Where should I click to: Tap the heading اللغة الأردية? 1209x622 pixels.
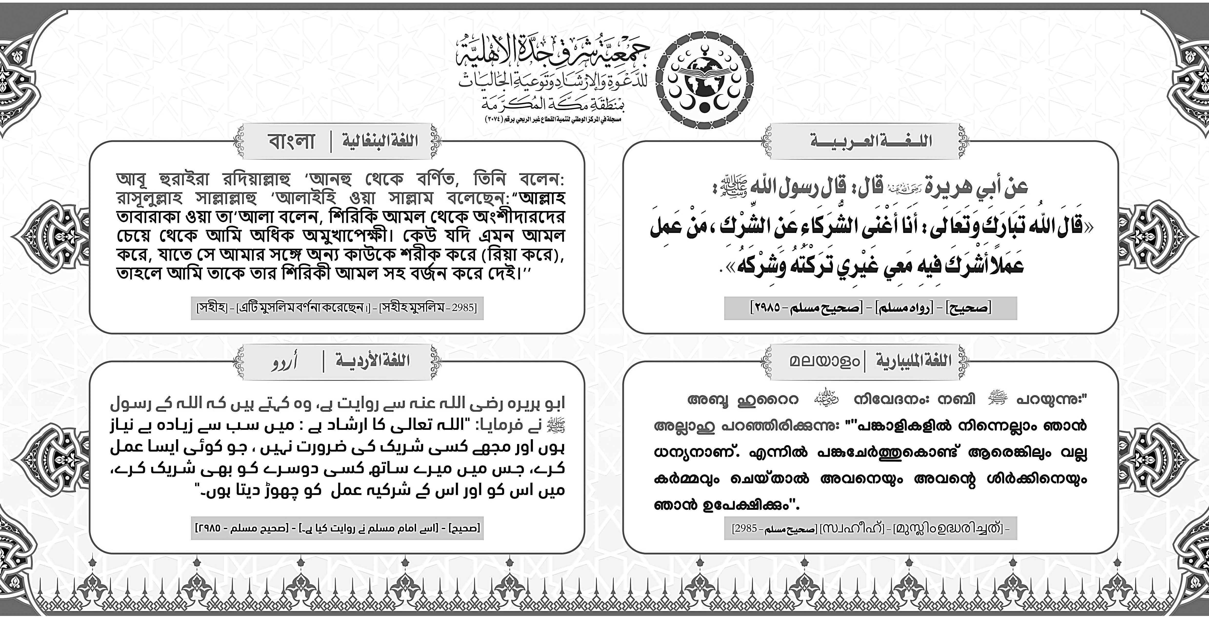(372, 361)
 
